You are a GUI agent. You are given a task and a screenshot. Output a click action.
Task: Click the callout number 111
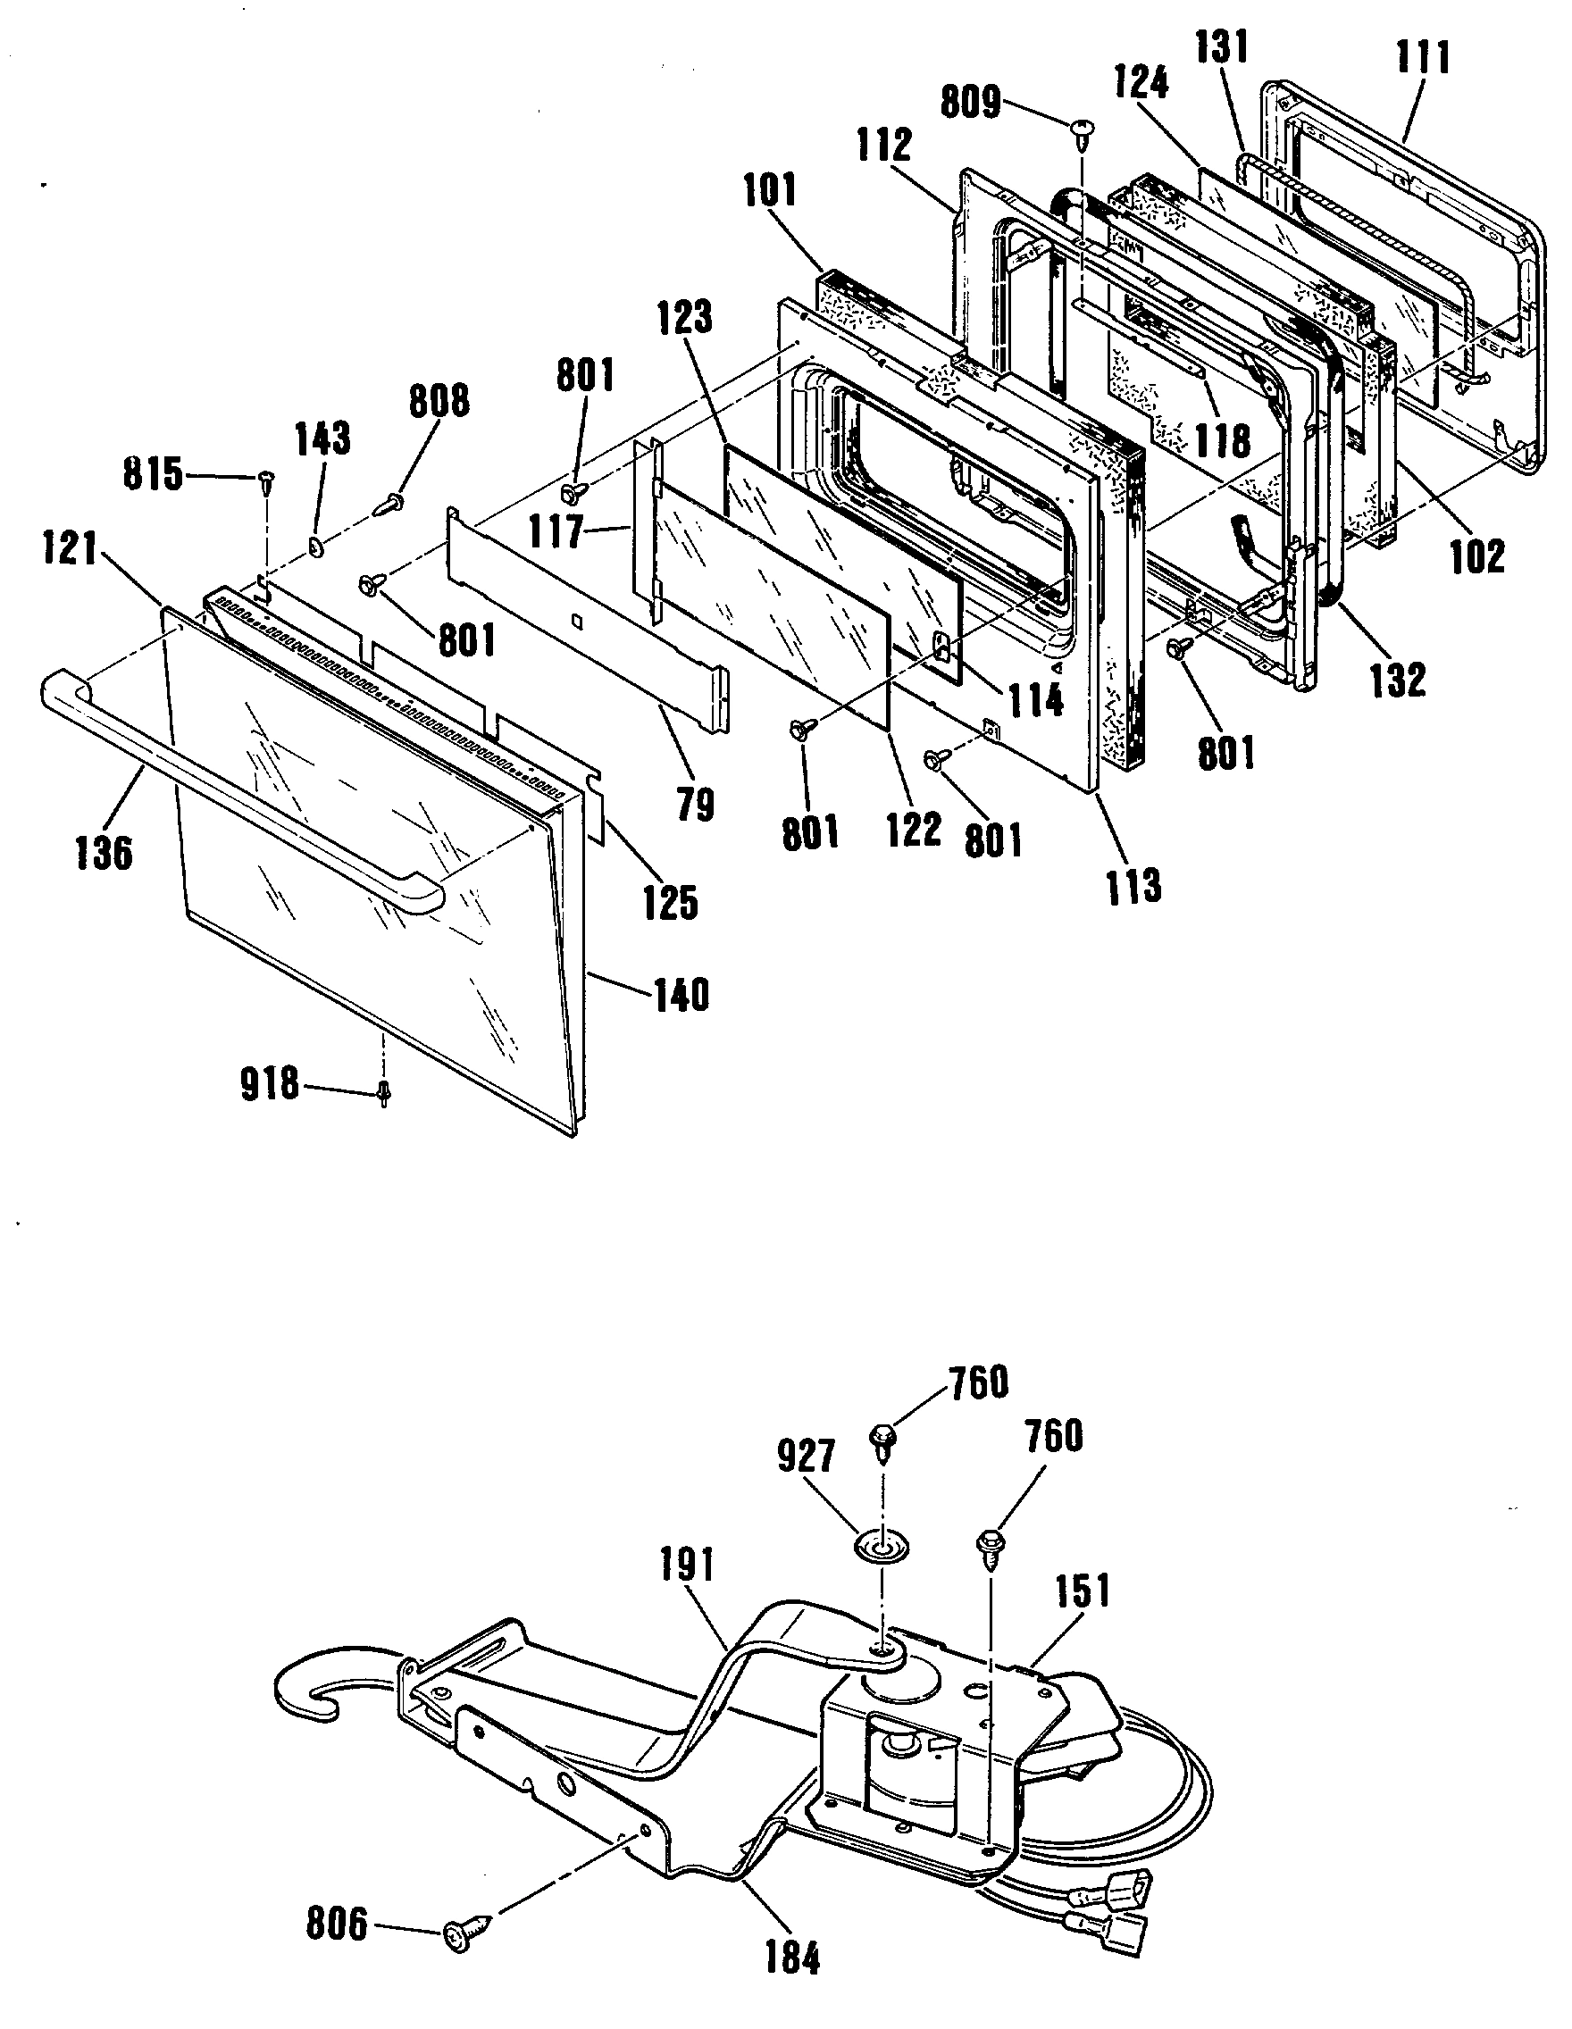1423,57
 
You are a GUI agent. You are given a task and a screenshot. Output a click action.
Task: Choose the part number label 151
1083,1591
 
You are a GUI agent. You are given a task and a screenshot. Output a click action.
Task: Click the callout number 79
695,805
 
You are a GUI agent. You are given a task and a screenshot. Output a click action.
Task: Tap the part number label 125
671,901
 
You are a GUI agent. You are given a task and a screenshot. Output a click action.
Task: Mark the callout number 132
1397,680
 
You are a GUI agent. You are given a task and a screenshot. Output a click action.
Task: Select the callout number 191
687,1566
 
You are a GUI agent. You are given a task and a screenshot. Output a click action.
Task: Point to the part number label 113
1133,885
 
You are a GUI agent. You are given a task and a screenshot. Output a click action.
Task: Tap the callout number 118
1223,440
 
